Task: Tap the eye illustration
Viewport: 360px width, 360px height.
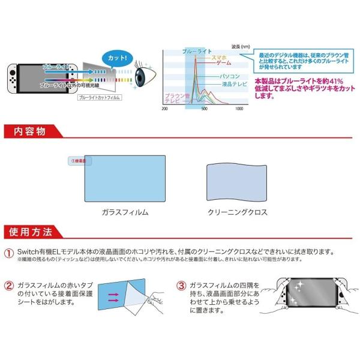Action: click(143, 78)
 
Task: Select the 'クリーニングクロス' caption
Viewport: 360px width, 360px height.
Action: click(238, 212)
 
